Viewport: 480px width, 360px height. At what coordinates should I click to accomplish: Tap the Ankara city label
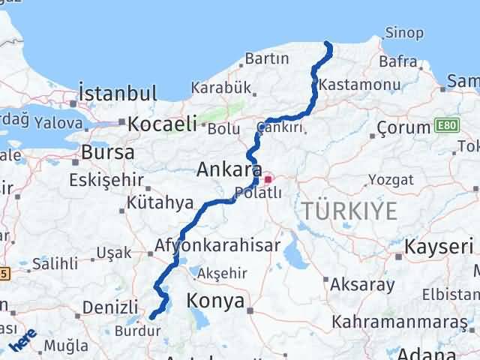[x=229, y=169]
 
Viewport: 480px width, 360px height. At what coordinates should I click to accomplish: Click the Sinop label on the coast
[x=403, y=33]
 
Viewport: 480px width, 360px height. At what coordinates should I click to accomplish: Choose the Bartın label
[x=266, y=58]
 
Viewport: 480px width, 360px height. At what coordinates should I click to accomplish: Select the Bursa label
[x=107, y=152]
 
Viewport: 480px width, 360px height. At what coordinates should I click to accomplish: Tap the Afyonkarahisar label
[x=217, y=245]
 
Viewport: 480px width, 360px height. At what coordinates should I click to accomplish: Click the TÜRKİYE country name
[x=349, y=211]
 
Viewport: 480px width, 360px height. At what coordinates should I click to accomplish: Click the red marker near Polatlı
[x=268, y=180]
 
